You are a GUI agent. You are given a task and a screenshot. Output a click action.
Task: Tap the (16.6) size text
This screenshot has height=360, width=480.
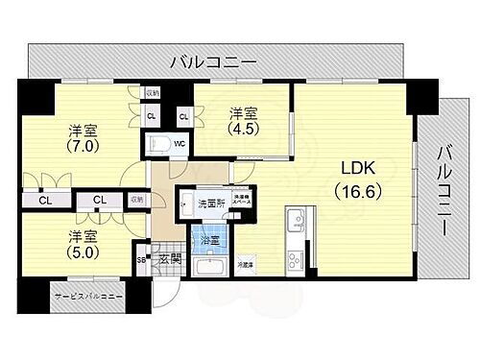click(352, 191)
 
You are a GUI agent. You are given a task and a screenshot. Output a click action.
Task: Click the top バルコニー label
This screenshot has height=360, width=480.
click(212, 62)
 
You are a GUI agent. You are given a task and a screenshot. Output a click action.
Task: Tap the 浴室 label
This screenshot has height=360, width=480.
click(208, 240)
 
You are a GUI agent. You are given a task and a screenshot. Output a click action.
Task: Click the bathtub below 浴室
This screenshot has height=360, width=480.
click(209, 266)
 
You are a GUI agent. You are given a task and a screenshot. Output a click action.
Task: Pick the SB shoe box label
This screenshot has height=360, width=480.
click(141, 259)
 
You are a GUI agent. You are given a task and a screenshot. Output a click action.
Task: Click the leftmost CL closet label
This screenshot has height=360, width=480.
click(45, 201)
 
